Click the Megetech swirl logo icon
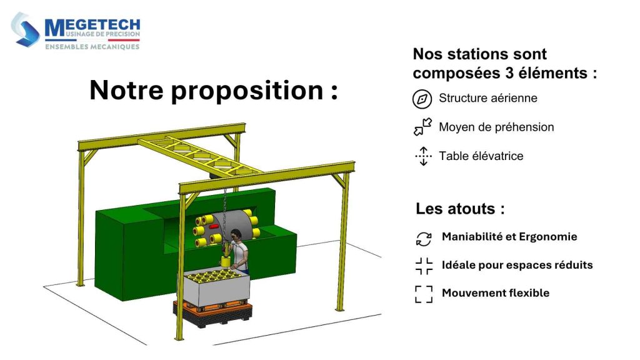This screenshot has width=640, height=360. [x=26, y=29]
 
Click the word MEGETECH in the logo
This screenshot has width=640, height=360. [x=92, y=26]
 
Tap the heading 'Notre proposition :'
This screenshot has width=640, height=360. [x=213, y=91]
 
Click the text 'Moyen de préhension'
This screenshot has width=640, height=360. [x=496, y=127]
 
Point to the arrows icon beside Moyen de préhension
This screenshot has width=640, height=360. [x=423, y=127]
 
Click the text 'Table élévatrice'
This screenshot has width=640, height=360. [x=481, y=156]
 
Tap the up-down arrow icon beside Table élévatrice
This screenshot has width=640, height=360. [x=423, y=156]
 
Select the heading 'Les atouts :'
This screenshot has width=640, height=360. [x=460, y=208]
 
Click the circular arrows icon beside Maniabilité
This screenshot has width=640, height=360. [x=424, y=238]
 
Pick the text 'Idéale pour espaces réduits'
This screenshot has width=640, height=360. [x=517, y=265]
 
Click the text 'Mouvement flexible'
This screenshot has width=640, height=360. [x=496, y=292]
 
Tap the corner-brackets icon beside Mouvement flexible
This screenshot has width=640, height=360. [x=424, y=294]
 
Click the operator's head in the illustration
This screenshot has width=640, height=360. [x=235, y=236]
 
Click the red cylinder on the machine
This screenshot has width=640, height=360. [x=214, y=226]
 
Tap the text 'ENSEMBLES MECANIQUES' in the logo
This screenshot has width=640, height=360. [x=92, y=46]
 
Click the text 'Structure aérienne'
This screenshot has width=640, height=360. [x=487, y=98]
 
